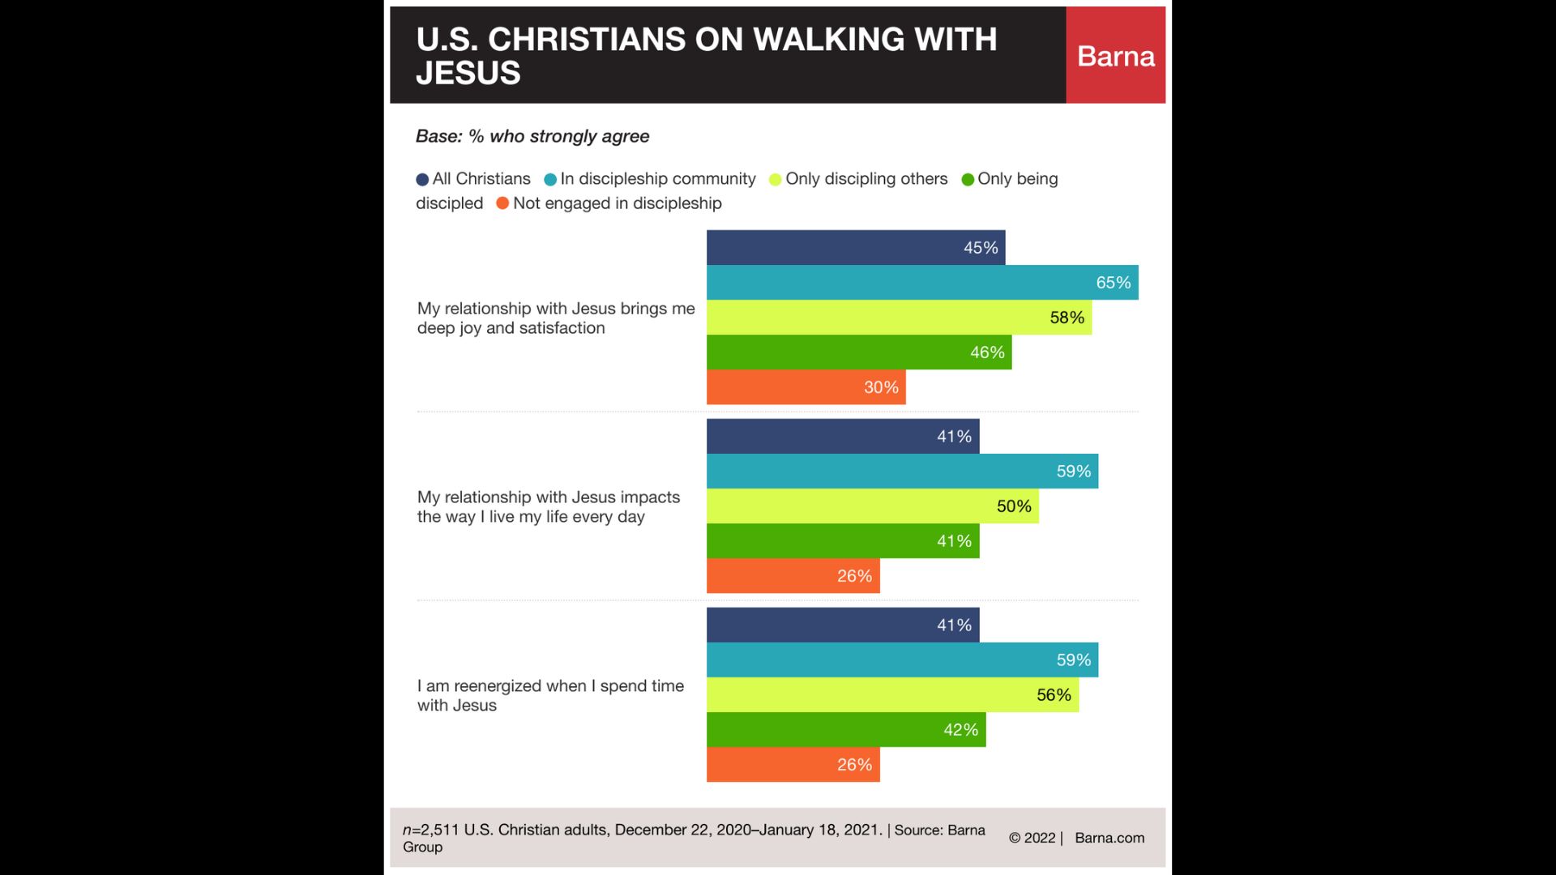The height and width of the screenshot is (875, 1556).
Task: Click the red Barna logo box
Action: coord(1115,55)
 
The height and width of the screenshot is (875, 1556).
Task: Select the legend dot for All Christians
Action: coord(422,180)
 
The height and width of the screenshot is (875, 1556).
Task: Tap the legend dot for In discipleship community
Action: coord(550,180)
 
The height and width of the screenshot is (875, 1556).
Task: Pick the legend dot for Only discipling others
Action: coord(776,180)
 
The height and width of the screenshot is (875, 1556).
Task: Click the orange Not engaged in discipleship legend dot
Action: coord(502,203)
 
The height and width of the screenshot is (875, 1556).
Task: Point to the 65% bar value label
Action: coord(1113,283)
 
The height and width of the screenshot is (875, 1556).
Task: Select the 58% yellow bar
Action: coord(898,318)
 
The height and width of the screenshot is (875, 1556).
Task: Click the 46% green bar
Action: coord(858,352)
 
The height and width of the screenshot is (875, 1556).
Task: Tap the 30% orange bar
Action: coord(806,387)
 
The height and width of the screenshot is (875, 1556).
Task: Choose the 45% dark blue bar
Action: coord(855,248)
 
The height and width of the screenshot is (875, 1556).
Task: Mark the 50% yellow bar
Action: coord(872,506)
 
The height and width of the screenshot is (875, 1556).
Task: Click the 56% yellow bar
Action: coord(891,695)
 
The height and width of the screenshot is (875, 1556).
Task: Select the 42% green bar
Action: coord(845,730)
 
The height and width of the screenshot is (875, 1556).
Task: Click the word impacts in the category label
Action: coord(650,497)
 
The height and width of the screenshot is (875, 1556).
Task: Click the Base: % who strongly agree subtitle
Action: coord(532,136)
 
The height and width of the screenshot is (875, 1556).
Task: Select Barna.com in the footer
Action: coord(1109,838)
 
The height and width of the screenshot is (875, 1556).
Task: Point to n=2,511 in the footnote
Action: coord(430,830)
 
